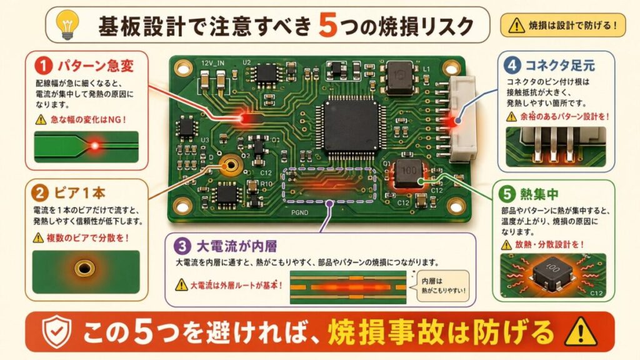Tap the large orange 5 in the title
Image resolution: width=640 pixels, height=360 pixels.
(x=327, y=25)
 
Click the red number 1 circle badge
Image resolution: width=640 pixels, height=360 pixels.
(x=44, y=66)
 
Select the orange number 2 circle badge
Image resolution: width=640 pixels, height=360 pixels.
(x=40, y=193)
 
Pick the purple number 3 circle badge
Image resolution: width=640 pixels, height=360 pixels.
(x=182, y=246)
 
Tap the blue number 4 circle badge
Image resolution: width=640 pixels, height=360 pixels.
(x=512, y=65)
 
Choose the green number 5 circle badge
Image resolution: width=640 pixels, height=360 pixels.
(x=507, y=194)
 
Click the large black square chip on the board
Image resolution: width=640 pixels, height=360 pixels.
(x=350, y=126)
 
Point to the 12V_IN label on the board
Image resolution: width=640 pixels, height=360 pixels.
(x=212, y=63)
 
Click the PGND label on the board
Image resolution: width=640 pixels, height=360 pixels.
(x=299, y=212)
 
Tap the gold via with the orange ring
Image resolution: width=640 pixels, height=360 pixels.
(x=231, y=165)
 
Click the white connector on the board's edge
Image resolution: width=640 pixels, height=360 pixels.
(x=462, y=119)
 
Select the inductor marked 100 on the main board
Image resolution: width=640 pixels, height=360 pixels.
(x=408, y=173)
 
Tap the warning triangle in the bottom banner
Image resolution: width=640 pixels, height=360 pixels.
(x=581, y=331)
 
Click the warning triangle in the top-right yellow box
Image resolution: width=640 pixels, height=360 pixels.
(x=516, y=26)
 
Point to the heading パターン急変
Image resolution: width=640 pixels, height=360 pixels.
(x=96, y=66)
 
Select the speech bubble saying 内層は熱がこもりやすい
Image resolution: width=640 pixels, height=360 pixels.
(x=442, y=286)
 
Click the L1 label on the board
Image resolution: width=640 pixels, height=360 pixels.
(x=426, y=69)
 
